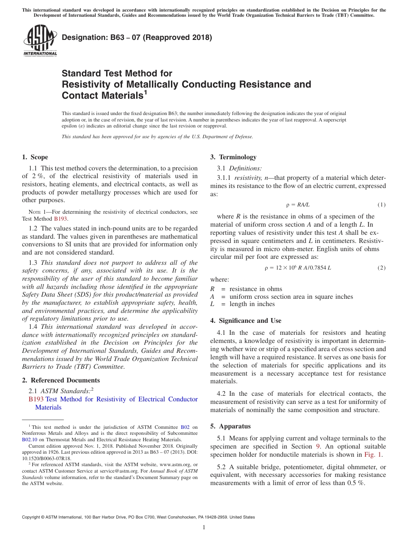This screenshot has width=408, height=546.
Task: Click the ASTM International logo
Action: [x=40, y=41]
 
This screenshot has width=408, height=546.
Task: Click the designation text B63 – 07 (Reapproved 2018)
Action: [x=137, y=37]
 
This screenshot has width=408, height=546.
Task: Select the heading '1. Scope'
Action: [x=35, y=157]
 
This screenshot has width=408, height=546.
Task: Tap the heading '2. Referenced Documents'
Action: [x=61, y=380]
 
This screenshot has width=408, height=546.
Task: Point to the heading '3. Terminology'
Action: [x=233, y=157]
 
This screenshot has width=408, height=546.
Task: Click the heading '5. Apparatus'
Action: [x=230, y=426]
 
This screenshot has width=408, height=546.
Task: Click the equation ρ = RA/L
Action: [x=298, y=205]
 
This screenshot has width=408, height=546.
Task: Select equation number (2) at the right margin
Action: [x=381, y=268]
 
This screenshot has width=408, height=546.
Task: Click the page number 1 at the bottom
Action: [x=204, y=528]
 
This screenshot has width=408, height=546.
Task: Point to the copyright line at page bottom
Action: [x=138, y=517]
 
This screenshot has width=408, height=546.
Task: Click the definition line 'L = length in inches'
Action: [x=242, y=304]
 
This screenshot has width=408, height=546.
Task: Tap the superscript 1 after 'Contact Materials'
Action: [x=145, y=92]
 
